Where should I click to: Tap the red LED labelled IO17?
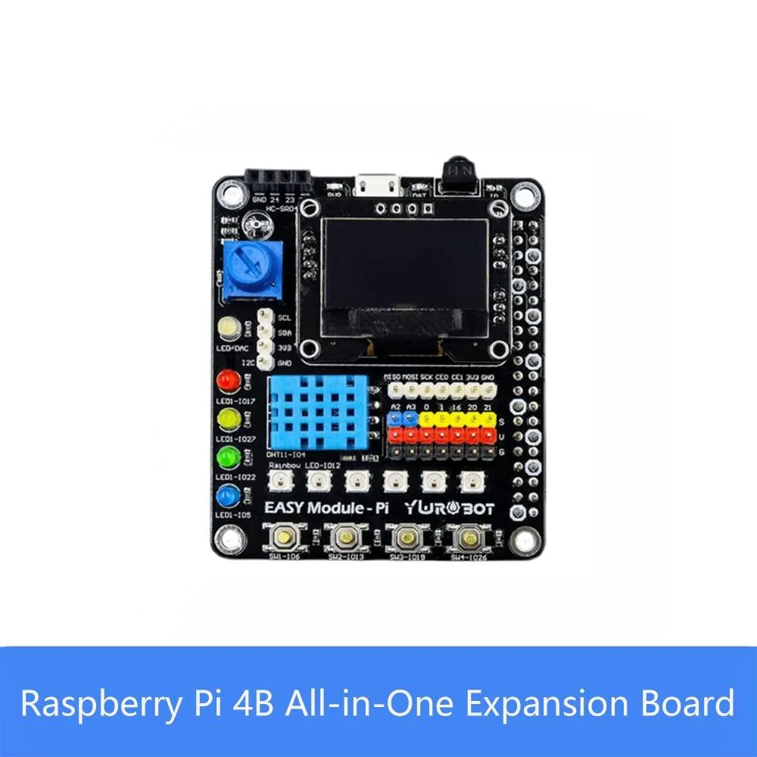(x=226, y=380)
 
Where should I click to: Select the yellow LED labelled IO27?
(x=226, y=419)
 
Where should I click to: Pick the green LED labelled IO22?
(x=226, y=457)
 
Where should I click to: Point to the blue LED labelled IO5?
(x=226, y=497)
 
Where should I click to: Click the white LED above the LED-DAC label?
(x=228, y=328)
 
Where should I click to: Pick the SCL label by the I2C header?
(x=285, y=319)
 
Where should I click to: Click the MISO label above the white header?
(x=392, y=376)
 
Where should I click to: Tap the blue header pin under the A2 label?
(x=394, y=419)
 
